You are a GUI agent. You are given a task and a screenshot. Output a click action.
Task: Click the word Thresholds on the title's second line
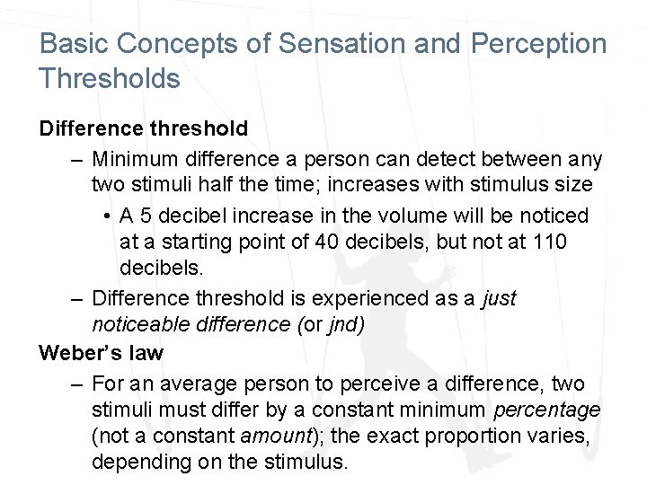pos(110,78)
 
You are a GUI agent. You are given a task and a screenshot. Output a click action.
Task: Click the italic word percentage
pos(546,410)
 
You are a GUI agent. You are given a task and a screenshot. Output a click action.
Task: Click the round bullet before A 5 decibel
pos(107,216)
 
